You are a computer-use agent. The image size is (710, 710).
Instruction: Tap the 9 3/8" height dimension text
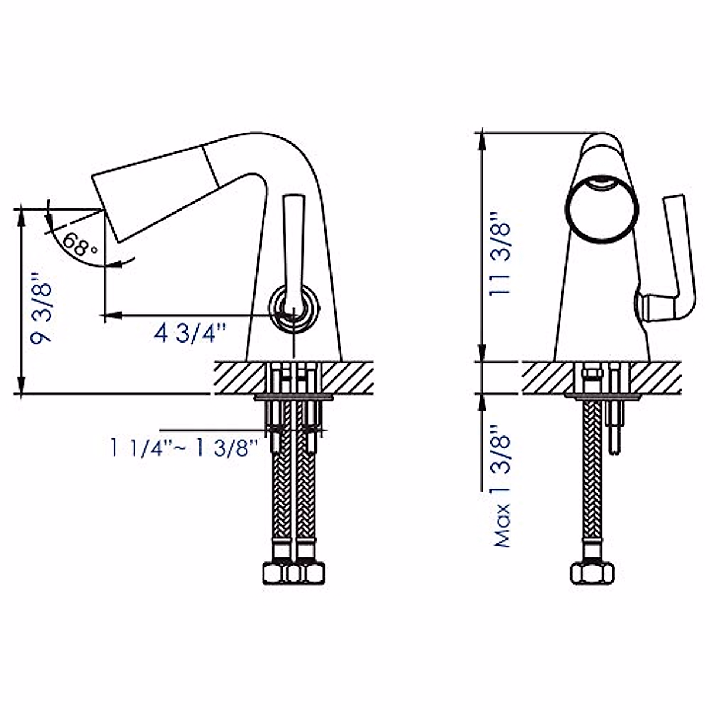[x=41, y=309]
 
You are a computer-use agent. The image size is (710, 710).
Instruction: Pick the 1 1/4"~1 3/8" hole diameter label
[x=185, y=448]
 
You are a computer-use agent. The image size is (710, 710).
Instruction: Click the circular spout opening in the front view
[x=602, y=208]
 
